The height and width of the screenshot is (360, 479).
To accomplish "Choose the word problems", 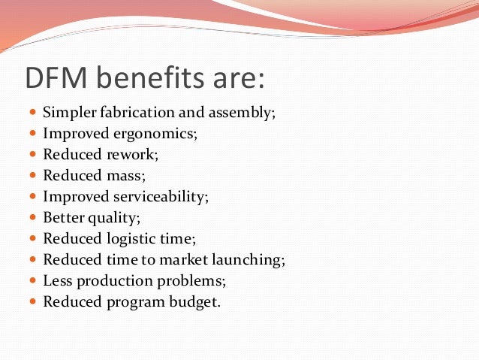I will (x=188, y=281).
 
